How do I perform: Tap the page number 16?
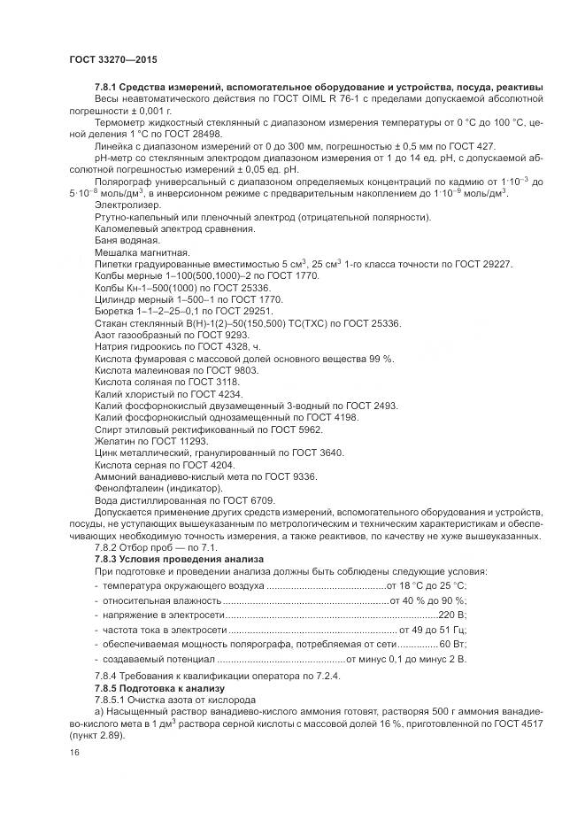(74, 752)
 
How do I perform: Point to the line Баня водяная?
(127, 241)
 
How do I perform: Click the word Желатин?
(116, 441)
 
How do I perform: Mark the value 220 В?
(451, 615)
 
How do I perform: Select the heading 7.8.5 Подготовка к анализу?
(160, 687)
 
